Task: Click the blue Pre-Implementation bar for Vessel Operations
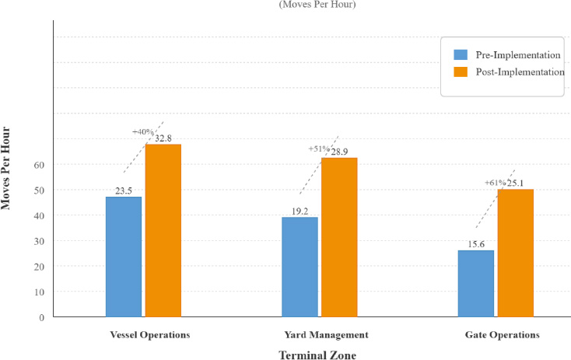pyautogui.click(x=124, y=257)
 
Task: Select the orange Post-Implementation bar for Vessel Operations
pyautogui.click(x=163, y=230)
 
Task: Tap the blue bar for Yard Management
pyautogui.click(x=300, y=267)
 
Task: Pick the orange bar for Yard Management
pyautogui.click(x=339, y=237)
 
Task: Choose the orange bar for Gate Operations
pyautogui.click(x=515, y=253)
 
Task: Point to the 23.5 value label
pyautogui.click(x=124, y=190)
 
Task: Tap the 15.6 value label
pyautogui.click(x=475, y=244)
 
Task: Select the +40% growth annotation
pyautogui.click(x=143, y=132)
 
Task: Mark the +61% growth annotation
pyautogui.click(x=496, y=183)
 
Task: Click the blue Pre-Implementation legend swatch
pyautogui.click(x=461, y=55)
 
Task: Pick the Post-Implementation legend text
pyautogui.click(x=520, y=72)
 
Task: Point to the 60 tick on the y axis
pyautogui.click(x=38, y=165)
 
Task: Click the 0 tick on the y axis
pyautogui.click(x=41, y=317)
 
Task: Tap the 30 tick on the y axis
pyautogui.click(x=38, y=241)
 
